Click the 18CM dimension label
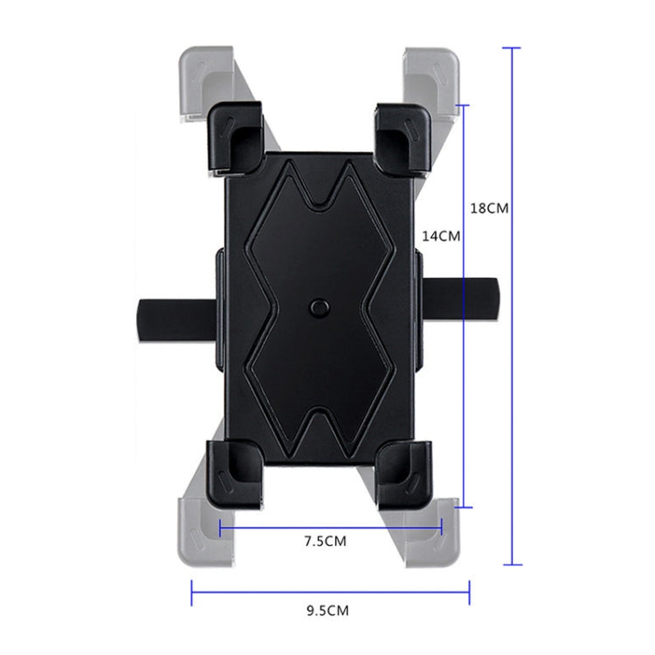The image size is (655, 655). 488,209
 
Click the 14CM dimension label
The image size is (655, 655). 441,236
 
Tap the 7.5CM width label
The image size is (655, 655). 325,541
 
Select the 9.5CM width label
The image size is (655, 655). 329,611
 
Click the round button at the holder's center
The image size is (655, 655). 321,307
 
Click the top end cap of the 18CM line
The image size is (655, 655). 511,48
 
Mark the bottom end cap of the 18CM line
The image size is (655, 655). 511,565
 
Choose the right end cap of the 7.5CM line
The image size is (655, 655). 442,527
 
